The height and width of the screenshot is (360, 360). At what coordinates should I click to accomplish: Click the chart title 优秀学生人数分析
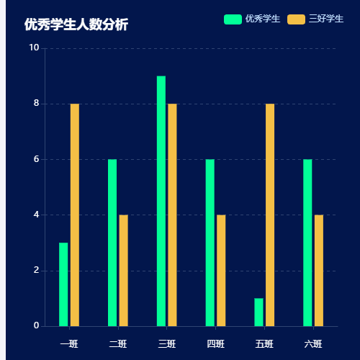[x=76, y=24]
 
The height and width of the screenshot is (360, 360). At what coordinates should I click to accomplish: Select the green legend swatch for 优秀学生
[x=233, y=19]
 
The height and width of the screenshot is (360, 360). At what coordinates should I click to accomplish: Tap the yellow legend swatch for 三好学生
[x=296, y=19]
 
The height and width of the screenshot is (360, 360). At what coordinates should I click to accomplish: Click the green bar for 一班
[x=63, y=284]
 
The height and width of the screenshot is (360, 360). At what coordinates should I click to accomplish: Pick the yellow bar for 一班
[x=75, y=215]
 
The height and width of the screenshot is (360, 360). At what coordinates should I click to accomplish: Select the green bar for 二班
[x=112, y=243]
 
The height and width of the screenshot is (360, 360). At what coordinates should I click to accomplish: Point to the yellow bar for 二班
[x=123, y=270]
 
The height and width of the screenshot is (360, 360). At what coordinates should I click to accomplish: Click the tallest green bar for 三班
[x=161, y=201]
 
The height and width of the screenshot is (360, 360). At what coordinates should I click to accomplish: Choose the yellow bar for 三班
[x=172, y=215]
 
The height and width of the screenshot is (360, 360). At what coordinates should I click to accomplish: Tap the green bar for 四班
[x=210, y=243]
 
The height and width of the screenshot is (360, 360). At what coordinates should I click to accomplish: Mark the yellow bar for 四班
[x=221, y=270]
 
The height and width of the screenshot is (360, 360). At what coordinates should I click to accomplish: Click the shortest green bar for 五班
[x=258, y=312]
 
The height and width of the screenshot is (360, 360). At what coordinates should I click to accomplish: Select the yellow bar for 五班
[x=270, y=215]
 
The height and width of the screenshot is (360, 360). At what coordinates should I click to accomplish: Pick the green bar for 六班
[x=307, y=243]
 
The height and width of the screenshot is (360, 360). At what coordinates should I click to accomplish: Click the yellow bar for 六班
[x=319, y=270]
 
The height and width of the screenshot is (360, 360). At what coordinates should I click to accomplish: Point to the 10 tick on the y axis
[x=34, y=48]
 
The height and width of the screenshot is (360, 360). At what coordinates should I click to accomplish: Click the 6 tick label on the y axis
[x=36, y=159]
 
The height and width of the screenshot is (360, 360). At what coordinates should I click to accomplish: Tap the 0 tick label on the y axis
[x=36, y=325]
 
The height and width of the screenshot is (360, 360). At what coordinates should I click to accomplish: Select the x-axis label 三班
[x=166, y=343]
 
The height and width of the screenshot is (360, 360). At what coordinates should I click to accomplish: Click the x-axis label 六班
[x=313, y=343]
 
